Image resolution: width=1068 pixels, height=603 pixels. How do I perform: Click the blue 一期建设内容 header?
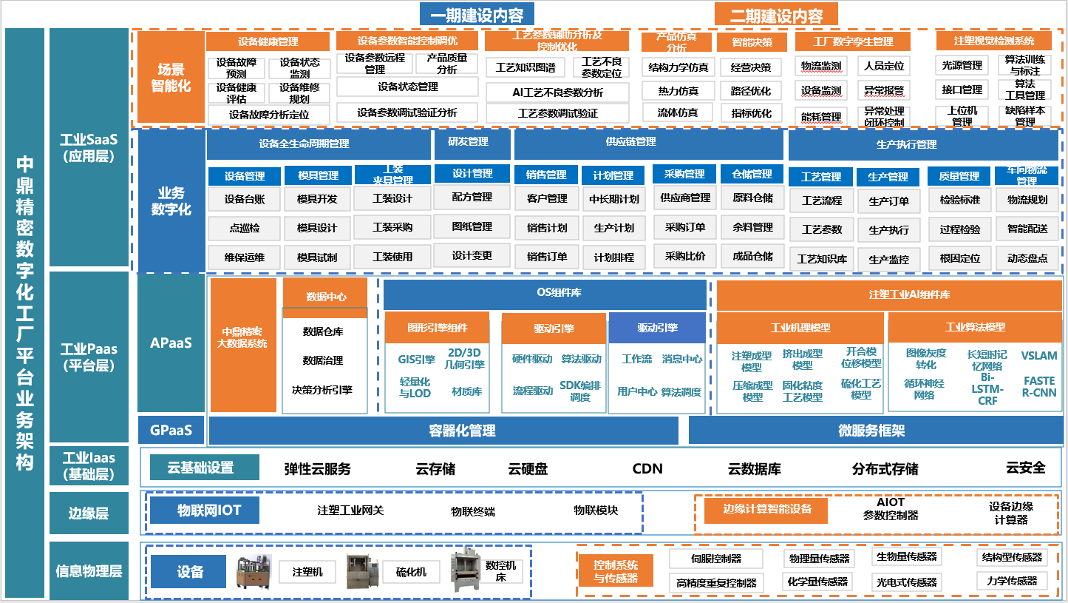476,14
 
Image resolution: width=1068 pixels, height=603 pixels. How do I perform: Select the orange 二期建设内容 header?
778,14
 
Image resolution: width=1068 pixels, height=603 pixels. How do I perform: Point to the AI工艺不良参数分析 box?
557,92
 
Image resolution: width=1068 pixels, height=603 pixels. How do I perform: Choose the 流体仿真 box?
678,112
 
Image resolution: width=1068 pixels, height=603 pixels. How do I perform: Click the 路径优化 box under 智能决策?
751,91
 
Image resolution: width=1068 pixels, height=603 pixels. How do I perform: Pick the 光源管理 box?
962,65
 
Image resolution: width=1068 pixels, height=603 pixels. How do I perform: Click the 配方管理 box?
472,198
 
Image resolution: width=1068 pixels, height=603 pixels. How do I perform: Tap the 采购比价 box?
685,257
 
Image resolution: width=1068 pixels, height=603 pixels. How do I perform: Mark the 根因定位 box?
960,258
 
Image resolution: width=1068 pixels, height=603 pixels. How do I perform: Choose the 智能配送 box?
1027,229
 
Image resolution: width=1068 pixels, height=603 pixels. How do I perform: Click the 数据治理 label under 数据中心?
323,360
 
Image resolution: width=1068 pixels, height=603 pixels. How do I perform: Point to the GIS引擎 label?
416,360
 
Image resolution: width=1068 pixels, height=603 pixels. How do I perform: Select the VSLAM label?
1039,356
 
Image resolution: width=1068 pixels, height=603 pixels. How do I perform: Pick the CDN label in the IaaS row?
647,468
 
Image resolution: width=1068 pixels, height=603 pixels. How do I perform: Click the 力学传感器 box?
1012,581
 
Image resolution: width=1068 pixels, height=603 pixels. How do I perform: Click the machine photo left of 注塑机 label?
254,572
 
